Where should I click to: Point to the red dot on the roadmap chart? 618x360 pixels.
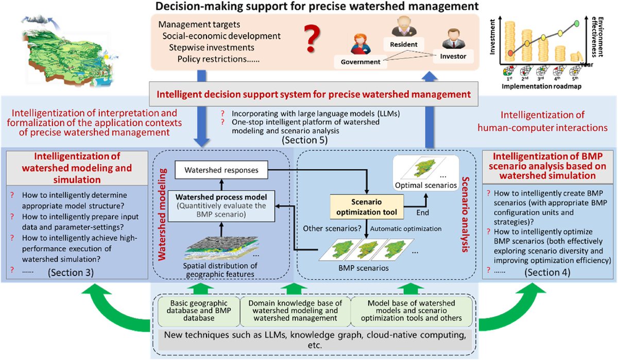pyautogui.click(x=509, y=53)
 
